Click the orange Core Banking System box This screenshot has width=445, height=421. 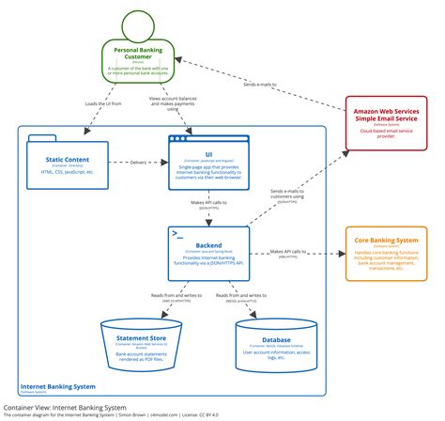[x=384, y=254]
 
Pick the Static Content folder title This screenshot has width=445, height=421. [x=68, y=157]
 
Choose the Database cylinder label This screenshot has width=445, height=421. [x=276, y=340]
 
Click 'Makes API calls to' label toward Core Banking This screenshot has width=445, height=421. [x=292, y=251]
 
